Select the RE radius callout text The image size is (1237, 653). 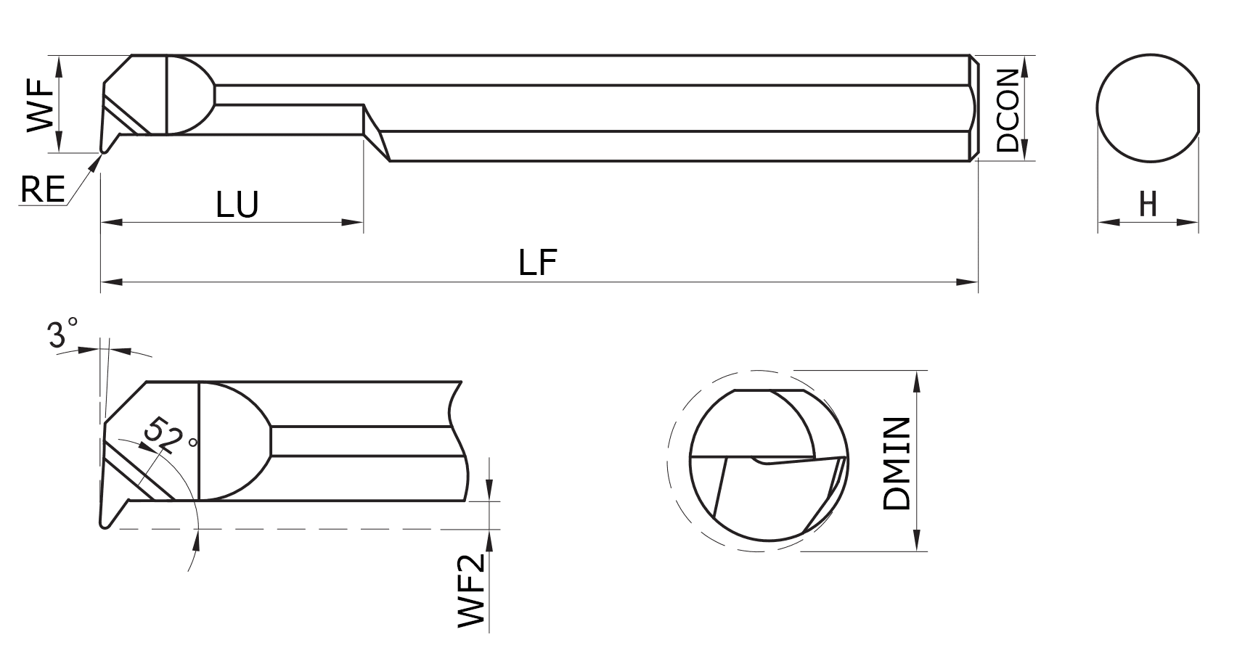click(x=42, y=190)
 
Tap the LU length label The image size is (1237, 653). click(x=237, y=205)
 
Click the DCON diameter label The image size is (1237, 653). click(x=1008, y=110)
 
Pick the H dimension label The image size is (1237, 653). click(x=1148, y=205)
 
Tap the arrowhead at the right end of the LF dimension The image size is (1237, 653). click(x=969, y=282)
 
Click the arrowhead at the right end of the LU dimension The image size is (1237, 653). click(x=353, y=222)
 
